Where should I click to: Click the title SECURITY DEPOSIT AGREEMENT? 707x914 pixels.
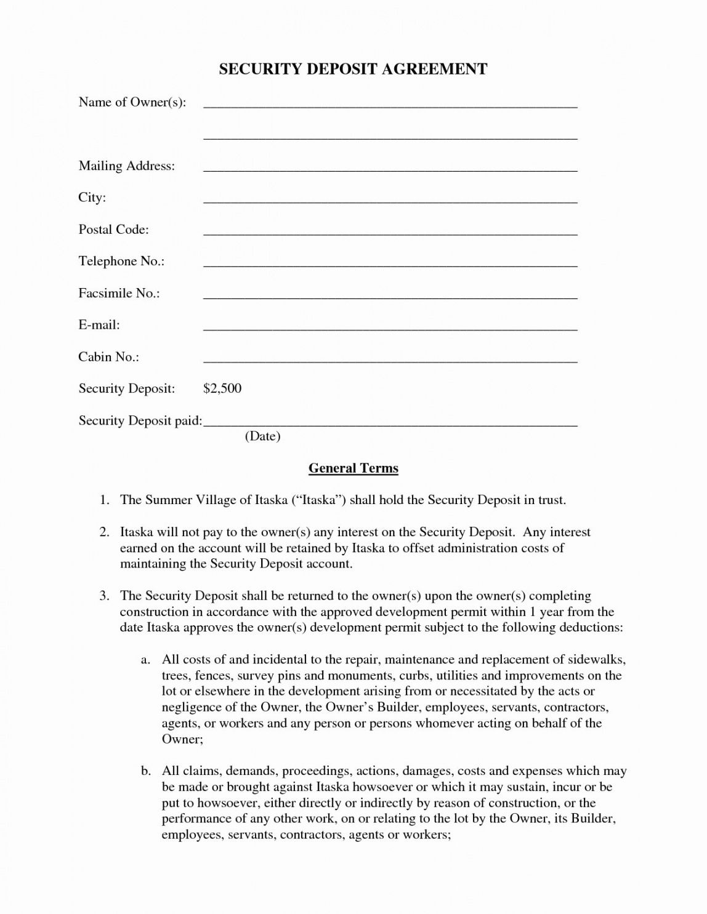click(x=353, y=70)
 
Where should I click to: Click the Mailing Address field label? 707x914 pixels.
click(x=127, y=166)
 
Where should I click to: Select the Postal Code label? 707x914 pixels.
click(x=114, y=230)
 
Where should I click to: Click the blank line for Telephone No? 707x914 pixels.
click(x=390, y=264)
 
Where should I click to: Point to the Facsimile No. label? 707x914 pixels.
click(x=119, y=294)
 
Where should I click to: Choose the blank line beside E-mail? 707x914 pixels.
click(x=390, y=328)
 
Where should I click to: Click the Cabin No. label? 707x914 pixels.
click(x=108, y=357)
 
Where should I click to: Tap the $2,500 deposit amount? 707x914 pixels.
click(x=222, y=388)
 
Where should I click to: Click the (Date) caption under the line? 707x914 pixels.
click(x=262, y=436)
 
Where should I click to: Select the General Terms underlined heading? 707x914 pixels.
click(x=353, y=468)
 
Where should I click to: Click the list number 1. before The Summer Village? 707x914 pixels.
click(x=105, y=500)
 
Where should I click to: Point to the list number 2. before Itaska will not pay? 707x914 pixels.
click(x=105, y=532)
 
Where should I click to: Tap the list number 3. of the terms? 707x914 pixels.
click(x=105, y=596)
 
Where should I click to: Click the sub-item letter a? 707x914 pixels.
click(x=146, y=660)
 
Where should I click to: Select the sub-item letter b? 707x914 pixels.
click(x=146, y=771)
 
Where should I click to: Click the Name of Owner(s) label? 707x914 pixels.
click(x=132, y=102)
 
